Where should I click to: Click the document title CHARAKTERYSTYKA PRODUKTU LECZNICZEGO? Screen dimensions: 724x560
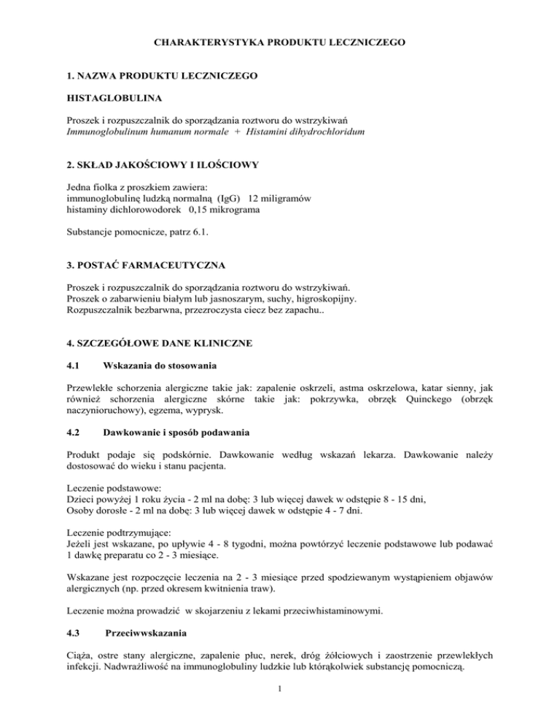coord(280,43)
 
